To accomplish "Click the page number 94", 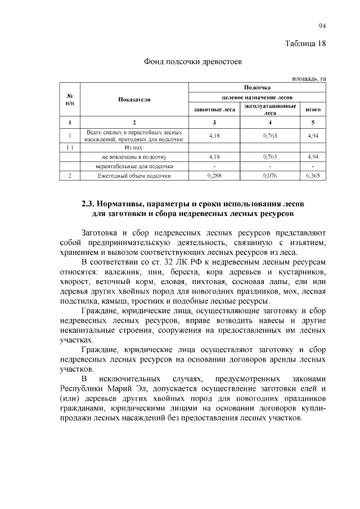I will tap(322, 26).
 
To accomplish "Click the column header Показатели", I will tap(134, 99).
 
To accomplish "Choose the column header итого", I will tap(313, 110).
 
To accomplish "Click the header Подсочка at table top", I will tap(257, 87).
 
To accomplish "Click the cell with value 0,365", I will tap(313, 176).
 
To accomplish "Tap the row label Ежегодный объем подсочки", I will tap(134, 176).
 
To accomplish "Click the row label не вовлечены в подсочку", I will tap(134, 156).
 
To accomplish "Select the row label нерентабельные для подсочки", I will tap(134, 166).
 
